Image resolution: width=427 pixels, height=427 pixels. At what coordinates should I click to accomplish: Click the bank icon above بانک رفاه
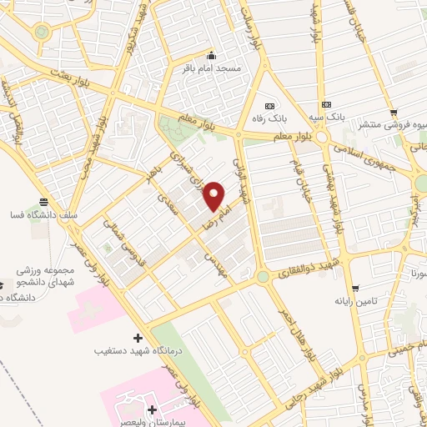pos(269,107)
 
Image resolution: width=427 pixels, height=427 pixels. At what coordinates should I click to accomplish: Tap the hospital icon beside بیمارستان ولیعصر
pos(152,409)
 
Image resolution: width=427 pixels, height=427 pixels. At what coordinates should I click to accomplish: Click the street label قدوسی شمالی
pos(123,234)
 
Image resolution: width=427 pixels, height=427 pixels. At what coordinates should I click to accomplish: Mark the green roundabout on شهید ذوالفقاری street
pos(263,276)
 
